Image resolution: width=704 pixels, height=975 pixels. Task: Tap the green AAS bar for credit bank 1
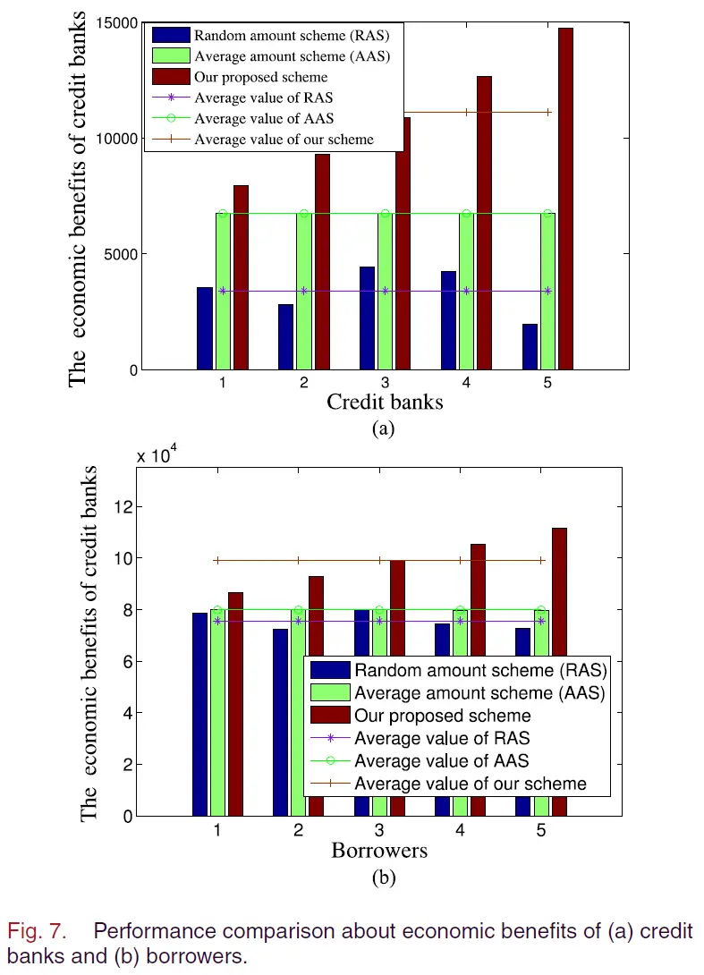pyautogui.click(x=223, y=291)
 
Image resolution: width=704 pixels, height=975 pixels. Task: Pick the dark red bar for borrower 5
pyautogui.click(x=559, y=671)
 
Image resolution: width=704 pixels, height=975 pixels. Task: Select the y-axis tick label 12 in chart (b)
pyautogui.click(x=123, y=507)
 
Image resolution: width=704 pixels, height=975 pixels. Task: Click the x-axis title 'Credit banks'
pyautogui.click(x=384, y=402)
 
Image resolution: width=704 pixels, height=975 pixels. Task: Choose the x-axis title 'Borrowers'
pyautogui.click(x=379, y=850)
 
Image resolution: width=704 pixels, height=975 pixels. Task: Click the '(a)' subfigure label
pyautogui.click(x=383, y=428)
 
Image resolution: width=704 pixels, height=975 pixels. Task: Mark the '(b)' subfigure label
pyautogui.click(x=383, y=877)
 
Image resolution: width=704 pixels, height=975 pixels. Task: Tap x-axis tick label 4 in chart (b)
pyautogui.click(x=460, y=830)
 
